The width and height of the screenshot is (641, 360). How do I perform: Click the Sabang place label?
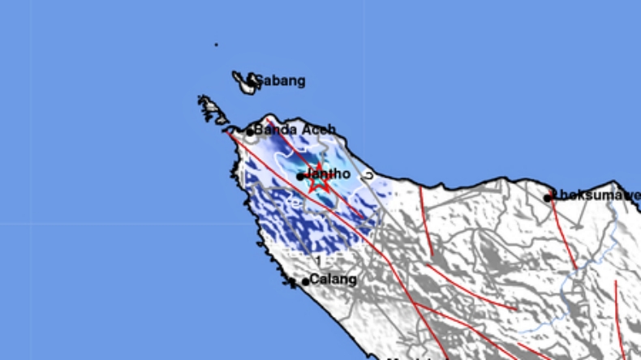[x=281, y=81]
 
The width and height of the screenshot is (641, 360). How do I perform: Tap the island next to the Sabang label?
[x=243, y=81]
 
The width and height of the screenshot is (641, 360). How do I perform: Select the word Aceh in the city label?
[x=319, y=130]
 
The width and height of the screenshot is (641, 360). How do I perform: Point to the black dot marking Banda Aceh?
[x=251, y=131]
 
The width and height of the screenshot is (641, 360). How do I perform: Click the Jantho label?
[x=330, y=174]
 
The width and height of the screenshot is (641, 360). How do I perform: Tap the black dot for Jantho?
[x=300, y=176]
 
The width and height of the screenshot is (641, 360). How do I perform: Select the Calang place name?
[x=333, y=280]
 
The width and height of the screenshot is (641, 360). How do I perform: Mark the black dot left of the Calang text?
[x=306, y=281]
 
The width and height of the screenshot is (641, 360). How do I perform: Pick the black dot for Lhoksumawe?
[x=549, y=197]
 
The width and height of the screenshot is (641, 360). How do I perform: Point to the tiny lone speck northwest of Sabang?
[x=216, y=45]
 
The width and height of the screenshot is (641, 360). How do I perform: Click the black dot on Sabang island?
[x=252, y=80]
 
